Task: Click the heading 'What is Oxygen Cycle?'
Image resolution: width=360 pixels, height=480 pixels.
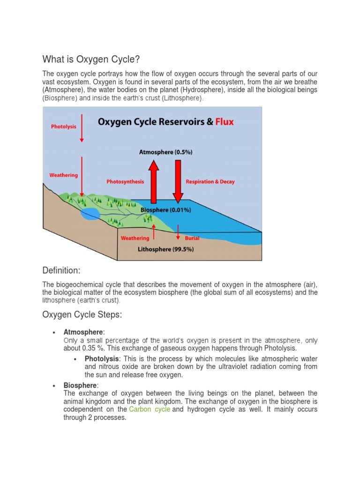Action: (x=91, y=59)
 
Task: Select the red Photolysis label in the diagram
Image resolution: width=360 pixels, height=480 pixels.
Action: (x=63, y=127)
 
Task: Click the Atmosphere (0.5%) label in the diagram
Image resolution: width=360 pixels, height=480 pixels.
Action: (x=165, y=152)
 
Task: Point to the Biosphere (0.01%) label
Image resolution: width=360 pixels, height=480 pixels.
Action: (x=165, y=210)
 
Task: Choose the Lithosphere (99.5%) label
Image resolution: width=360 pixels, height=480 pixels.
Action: (x=165, y=249)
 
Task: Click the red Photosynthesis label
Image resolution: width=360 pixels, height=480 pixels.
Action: (x=125, y=181)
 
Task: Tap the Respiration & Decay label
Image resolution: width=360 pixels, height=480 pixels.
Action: (x=210, y=181)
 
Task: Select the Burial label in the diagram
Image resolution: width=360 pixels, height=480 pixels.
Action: (x=192, y=238)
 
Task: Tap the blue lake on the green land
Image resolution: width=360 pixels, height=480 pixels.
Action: (x=90, y=214)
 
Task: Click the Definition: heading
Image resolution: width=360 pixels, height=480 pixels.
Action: (x=61, y=270)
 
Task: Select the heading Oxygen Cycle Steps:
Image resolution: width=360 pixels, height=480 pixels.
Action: (x=82, y=315)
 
